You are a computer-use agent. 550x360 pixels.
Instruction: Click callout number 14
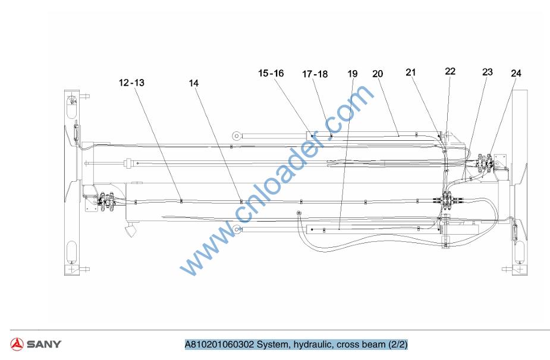pos(194,83)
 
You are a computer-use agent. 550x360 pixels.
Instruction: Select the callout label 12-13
pos(131,83)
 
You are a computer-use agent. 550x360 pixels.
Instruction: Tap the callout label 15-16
pos(271,73)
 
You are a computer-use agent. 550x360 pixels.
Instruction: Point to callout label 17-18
pos(315,74)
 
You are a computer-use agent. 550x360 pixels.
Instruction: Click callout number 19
pos(353,74)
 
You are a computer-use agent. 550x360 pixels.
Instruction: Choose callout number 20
pos(378,74)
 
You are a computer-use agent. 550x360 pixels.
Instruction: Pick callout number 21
pos(411,72)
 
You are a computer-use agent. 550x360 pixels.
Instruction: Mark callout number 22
pos(450,71)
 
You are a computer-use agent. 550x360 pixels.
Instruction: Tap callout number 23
pos(488,72)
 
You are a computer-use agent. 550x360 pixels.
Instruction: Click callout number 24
pos(516,73)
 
